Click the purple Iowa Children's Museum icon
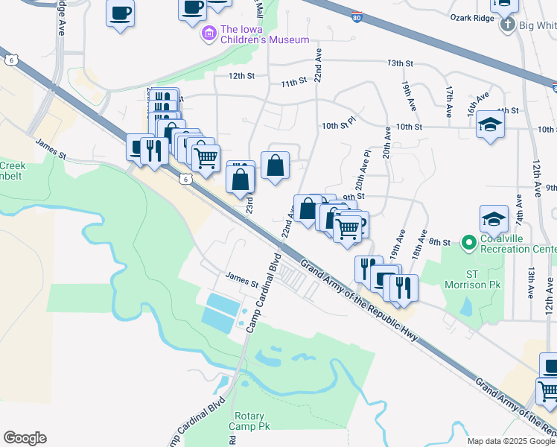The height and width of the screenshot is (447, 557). (x=209, y=34)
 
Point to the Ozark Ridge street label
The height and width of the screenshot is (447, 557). (x=473, y=18)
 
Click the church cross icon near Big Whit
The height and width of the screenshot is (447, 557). (x=507, y=25)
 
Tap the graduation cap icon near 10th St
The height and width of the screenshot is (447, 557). (x=490, y=124)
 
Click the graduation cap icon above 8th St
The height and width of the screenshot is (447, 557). (x=494, y=219)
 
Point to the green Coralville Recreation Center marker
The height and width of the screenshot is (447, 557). (x=468, y=243)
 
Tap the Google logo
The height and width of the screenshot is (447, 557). (x=25, y=438)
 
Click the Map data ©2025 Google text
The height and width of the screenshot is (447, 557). (x=510, y=441)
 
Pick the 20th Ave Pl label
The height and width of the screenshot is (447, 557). (x=363, y=173)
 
